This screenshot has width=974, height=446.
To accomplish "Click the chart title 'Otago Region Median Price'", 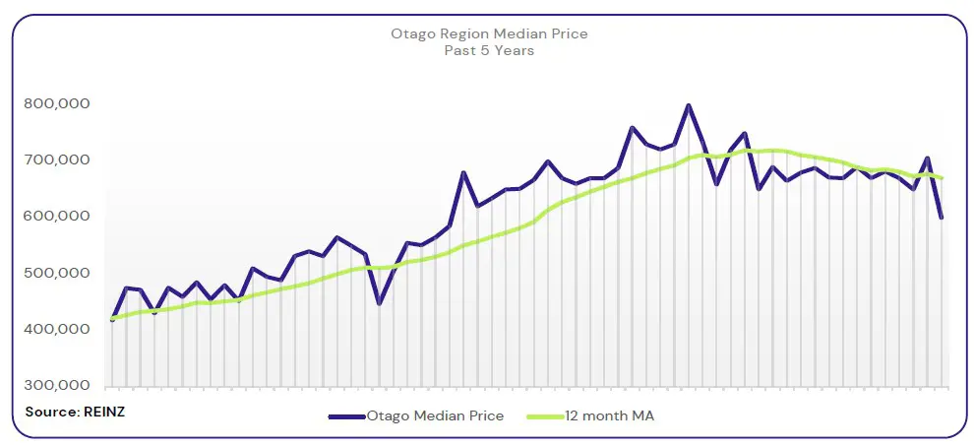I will (489, 33).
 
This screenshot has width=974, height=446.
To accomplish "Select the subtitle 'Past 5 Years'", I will (489, 50).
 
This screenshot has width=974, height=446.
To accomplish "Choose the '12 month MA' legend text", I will (609, 416).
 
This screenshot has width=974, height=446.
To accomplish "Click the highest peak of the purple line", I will (688, 105).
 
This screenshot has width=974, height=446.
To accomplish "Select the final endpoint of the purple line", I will (942, 218).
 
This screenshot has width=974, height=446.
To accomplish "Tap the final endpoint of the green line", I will (943, 178).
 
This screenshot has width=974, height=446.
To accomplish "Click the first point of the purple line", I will (112, 320).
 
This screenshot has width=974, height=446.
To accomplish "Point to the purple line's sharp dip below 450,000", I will (379, 303).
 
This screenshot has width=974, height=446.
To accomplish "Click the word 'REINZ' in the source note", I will (102, 411).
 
